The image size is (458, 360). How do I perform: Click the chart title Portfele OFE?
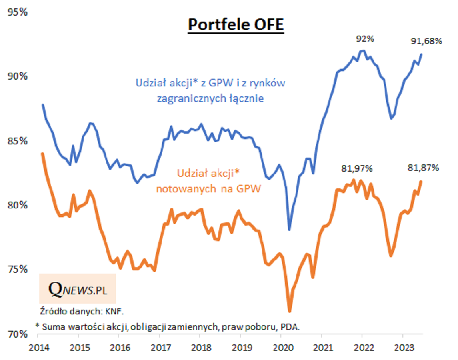[x=236, y=24]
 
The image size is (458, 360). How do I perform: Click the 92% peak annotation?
[x=365, y=39]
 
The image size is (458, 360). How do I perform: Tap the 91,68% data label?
[x=426, y=41]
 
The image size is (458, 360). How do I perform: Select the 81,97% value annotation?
[x=357, y=169]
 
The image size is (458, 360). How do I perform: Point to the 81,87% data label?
[x=423, y=168]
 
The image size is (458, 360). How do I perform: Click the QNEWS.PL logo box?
[x=77, y=289]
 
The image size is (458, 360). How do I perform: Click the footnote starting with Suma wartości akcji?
[x=168, y=326]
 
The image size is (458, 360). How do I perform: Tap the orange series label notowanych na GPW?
[x=208, y=189]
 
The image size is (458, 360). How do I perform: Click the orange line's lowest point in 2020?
[x=290, y=311]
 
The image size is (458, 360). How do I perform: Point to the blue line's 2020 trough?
[x=289, y=229]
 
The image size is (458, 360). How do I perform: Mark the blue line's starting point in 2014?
[x=42, y=105]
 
